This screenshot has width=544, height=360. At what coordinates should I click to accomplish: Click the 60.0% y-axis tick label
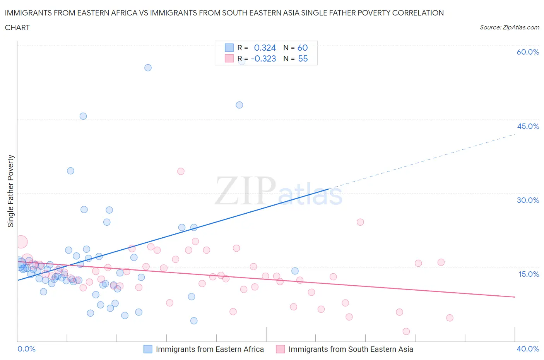tap(528, 52)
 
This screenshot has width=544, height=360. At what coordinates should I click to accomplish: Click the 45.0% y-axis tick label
tap(528, 126)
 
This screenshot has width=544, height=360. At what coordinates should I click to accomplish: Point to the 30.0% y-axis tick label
tap(528, 200)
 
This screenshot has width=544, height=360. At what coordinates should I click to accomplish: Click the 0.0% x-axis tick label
tap(26, 349)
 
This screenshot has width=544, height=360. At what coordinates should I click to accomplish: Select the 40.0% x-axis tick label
tap(528, 349)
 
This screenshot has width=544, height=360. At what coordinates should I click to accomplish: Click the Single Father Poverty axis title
tap(11, 191)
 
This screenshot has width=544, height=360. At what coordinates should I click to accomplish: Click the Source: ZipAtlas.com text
tap(509, 27)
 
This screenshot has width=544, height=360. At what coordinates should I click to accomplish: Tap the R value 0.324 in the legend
tap(265, 48)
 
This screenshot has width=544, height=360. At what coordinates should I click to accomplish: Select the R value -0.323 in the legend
tap(263, 58)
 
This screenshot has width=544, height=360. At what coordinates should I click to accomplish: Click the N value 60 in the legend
tap(303, 48)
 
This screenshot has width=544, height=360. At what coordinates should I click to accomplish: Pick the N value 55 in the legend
tap(303, 58)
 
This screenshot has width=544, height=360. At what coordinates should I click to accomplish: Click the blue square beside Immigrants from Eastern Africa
tap(148, 349)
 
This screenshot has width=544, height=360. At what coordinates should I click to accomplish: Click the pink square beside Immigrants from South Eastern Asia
tap(281, 349)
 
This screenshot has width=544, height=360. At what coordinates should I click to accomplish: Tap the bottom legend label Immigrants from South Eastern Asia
tap(351, 349)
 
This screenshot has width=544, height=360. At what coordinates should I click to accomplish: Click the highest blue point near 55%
tap(148, 68)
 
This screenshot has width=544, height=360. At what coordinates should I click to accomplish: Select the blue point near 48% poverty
tap(239, 105)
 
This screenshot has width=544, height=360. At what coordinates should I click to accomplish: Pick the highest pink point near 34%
tap(181, 171)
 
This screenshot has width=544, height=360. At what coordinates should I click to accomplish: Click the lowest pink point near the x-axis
tap(406, 331)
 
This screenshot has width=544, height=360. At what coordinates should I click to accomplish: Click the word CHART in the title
tap(17, 27)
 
